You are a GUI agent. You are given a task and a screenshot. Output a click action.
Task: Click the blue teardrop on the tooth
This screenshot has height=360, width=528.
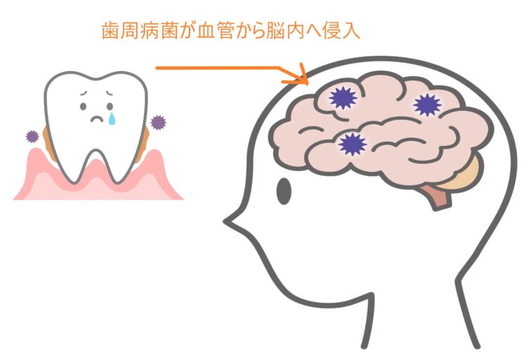click(111, 119)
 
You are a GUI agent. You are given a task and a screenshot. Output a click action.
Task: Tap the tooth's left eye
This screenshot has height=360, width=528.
click(83, 106)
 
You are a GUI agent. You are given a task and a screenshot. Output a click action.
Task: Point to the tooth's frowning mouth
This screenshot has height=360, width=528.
click(97, 119)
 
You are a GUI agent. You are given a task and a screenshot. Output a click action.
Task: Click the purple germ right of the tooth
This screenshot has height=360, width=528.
click(158, 123)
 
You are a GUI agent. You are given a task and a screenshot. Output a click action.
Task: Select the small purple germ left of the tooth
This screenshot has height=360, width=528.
click(32, 137)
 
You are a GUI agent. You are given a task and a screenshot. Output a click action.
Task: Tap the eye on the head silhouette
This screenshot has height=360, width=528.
click(284, 191)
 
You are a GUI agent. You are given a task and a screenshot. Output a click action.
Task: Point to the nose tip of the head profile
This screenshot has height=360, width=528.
click(225, 221)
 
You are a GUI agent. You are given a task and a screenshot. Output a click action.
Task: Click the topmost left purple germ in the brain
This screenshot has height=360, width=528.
click(343, 98)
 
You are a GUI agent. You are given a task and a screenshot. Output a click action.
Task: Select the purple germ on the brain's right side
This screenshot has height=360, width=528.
click(427, 105)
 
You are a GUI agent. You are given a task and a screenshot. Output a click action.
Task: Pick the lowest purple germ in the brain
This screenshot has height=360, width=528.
click(352, 144)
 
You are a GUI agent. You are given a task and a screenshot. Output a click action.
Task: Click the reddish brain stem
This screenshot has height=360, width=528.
click(437, 197)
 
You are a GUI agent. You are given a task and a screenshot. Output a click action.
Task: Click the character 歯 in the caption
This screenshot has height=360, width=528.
click(110, 31)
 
